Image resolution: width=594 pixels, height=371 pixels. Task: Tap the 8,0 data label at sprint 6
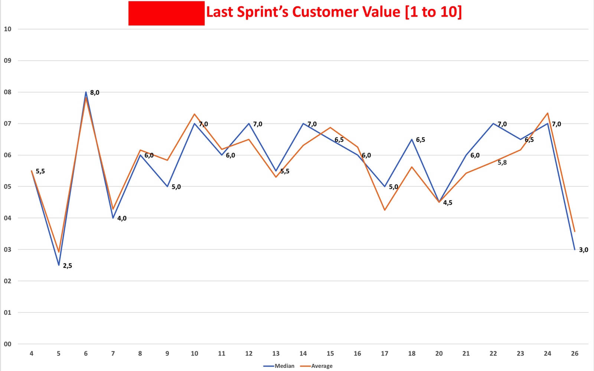point(95,93)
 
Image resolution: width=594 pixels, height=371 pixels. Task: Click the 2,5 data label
point(68,266)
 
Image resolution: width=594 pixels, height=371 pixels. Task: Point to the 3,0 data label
point(584,250)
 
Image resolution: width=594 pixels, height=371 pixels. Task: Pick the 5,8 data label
point(502,162)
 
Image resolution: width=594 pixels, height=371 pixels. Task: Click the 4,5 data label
point(448,203)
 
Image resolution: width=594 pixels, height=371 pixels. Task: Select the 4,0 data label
point(122,219)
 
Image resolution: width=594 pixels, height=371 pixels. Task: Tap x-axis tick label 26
point(575,354)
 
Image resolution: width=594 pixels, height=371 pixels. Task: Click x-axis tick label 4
point(32,354)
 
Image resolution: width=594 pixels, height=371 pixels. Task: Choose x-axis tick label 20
point(439,354)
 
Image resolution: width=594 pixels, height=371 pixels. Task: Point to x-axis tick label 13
point(276,354)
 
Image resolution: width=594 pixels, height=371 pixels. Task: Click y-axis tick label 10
point(7,29)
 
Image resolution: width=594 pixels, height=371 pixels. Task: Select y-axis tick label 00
point(7,344)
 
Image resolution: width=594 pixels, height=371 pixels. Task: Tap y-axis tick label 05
point(7,187)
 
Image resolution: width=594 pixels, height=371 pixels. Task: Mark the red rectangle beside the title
point(166,13)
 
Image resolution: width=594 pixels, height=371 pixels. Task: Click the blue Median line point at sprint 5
point(59,265)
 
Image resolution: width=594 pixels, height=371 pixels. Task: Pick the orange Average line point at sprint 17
point(385,210)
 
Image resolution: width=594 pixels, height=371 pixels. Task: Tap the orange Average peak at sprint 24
point(548,113)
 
